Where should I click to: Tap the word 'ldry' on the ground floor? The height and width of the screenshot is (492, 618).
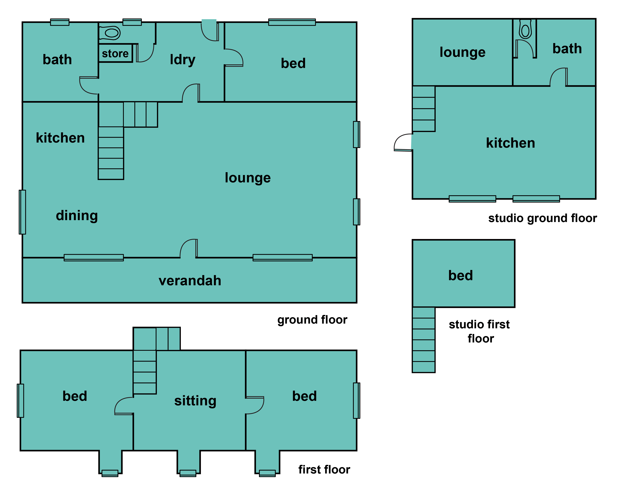183,60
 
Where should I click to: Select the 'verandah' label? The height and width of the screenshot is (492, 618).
190,281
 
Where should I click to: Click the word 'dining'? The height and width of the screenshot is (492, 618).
77,216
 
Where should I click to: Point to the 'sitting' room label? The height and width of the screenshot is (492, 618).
195,401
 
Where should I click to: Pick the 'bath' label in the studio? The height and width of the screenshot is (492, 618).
567,49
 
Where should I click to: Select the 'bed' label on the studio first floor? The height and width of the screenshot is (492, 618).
461,275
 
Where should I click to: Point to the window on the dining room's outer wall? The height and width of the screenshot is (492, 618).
22,212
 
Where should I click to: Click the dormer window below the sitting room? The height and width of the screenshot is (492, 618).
188,473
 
